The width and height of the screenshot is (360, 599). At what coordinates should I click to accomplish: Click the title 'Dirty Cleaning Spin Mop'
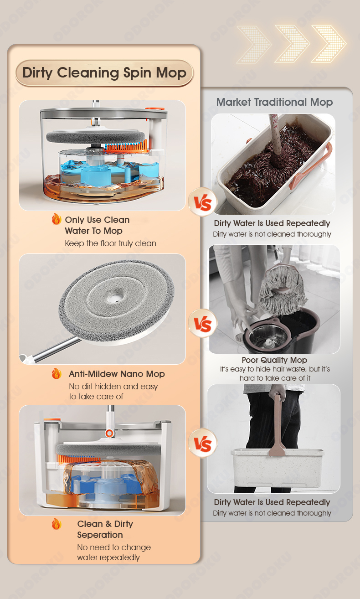click(104, 73)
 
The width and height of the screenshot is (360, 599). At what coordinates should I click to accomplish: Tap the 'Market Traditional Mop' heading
click(274, 102)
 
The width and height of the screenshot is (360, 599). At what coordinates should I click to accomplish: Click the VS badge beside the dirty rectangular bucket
click(203, 202)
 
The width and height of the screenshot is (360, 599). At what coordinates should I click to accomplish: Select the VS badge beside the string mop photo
click(203, 323)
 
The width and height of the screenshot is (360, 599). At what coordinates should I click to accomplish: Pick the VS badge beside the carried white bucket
click(203, 443)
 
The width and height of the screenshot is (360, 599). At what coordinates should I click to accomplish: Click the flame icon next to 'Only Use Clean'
click(57, 219)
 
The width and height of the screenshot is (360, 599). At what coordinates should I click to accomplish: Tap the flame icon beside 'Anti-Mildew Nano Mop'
click(57, 373)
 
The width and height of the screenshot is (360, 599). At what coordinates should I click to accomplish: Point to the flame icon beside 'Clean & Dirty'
click(57, 524)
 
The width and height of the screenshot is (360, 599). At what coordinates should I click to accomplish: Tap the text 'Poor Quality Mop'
click(274, 360)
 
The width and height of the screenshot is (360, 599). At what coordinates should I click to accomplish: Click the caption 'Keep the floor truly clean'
click(110, 243)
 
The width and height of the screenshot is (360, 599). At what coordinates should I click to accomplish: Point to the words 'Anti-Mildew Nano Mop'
click(117, 374)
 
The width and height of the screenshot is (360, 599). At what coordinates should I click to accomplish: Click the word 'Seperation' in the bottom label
click(100, 535)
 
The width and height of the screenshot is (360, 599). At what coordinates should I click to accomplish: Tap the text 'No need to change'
click(114, 547)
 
